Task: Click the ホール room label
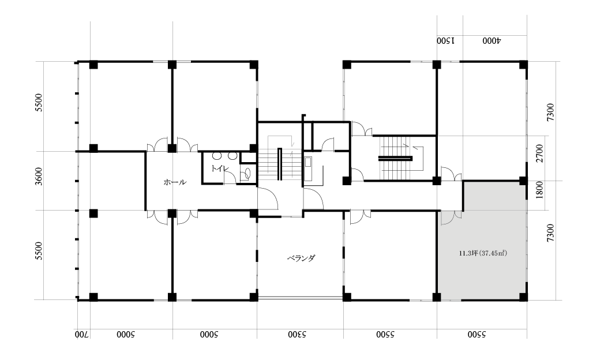pyautogui.click(x=175, y=183)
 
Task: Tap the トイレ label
pyautogui.click(x=218, y=168)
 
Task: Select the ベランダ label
pyautogui.click(x=301, y=258)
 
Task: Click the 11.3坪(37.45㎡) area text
pyautogui.click(x=483, y=253)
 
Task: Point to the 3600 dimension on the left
pyautogui.click(x=39, y=177)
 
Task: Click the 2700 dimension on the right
pyautogui.click(x=539, y=153)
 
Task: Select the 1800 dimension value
pyautogui.click(x=539, y=190)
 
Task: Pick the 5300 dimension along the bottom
pyautogui.click(x=298, y=334)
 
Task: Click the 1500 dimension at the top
pyautogui.click(x=446, y=40)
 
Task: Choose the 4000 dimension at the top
pyautogui.click(x=492, y=40)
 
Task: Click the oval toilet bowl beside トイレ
pyautogui.click(x=247, y=173)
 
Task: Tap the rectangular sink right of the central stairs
pyautogui.click(x=308, y=162)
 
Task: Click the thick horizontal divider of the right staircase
pyautogui.click(x=395, y=158)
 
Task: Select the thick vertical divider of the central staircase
pyautogui.click(x=279, y=164)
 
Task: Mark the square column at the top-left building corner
pyautogui.click(x=93, y=65)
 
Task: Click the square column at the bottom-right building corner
pyautogui.click(x=523, y=297)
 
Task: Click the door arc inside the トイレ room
pyautogui.click(x=230, y=176)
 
